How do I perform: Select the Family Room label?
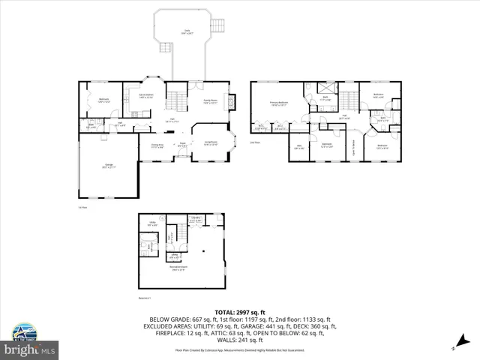[210, 103]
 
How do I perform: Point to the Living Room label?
[210, 142]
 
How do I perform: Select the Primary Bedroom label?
[280, 105]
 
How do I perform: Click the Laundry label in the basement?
[194, 220]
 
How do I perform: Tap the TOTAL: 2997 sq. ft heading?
[240, 312]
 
